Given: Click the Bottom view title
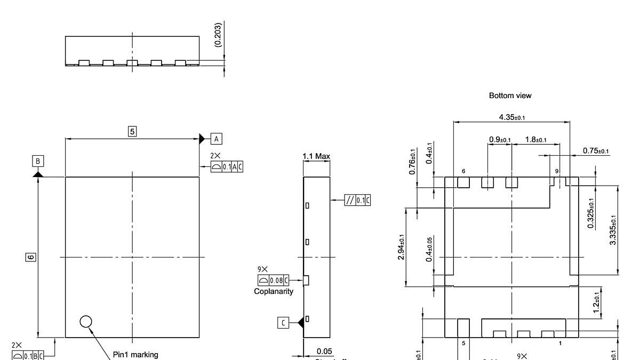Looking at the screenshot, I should tap(510, 95).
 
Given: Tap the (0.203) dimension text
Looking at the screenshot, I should tap(219, 36).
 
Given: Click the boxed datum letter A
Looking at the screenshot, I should tap(216, 139).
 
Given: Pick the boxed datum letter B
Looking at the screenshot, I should tap(38, 161).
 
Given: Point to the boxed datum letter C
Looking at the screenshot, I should tap(284, 322).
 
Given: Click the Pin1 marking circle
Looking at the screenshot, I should tap(85, 321).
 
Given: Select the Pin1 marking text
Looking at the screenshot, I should tap(135, 354).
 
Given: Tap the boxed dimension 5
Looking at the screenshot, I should tap(132, 130).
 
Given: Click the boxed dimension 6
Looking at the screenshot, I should tap(30, 257).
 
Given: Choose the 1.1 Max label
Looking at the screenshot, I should tap(316, 156).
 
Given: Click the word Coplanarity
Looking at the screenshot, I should tap(274, 291).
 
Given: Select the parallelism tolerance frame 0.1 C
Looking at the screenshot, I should tap(358, 201).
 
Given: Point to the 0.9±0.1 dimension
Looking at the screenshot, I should tap(500, 140).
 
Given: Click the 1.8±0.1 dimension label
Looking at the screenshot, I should tap(535, 140).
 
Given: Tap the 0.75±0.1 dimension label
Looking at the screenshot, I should tap(596, 151).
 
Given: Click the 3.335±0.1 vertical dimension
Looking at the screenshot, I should tap(613, 229).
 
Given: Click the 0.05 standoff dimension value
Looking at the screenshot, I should tap(324, 351).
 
